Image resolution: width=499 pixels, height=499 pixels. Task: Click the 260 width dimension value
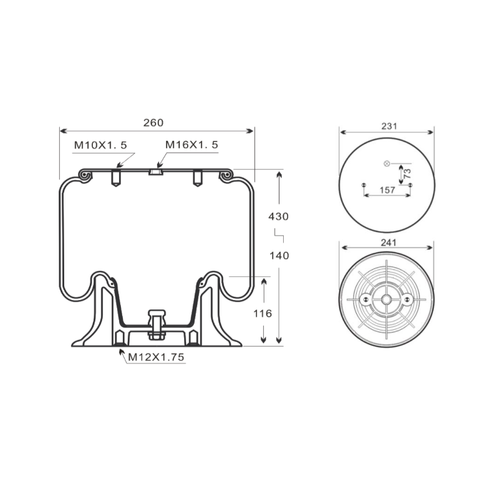153,122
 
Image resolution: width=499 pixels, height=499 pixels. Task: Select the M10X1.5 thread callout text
100,145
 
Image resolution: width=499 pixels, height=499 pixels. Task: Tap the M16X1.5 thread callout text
191,145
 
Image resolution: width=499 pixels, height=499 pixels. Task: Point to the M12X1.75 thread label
156,357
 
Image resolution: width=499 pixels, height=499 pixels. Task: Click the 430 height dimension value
278,216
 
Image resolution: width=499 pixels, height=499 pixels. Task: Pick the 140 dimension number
279,256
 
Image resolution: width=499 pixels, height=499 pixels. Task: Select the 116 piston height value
263,314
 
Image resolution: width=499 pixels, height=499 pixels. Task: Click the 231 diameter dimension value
389,127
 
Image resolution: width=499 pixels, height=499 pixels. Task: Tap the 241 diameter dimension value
389,243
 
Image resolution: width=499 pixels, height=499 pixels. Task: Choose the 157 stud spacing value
387,190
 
